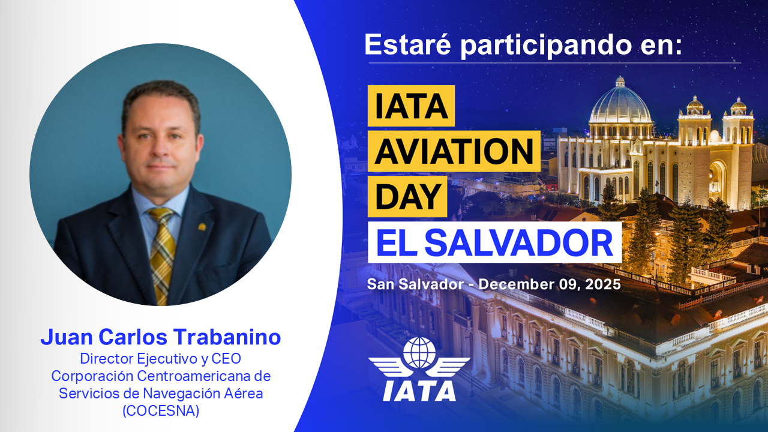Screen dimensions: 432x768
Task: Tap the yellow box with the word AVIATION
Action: coord(454,152)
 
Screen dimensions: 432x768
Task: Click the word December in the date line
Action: coord(512,284)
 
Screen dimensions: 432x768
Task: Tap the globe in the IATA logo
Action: coord(419,353)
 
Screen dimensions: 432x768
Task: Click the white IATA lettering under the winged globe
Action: coord(419,389)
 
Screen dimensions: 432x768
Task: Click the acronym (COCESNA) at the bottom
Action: coord(161,412)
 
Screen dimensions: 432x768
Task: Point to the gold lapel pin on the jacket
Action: coord(202,227)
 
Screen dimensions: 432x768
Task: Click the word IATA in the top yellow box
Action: coord(411,106)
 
